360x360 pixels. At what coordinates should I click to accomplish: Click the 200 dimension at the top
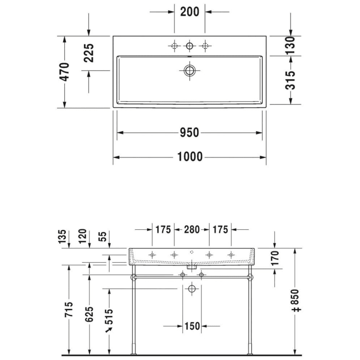(189, 13)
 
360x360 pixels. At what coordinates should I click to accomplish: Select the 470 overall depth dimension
(65, 72)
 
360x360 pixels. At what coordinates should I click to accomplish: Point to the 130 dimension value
(291, 46)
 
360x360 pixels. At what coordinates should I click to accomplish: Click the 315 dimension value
(291, 80)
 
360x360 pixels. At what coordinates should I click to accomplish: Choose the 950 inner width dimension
(189, 133)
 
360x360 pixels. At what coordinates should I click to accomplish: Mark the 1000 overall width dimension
(189, 157)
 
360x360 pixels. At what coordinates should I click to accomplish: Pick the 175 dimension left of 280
(163, 229)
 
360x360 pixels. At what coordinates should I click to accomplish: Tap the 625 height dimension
(89, 313)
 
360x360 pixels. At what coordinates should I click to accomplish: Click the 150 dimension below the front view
(191, 326)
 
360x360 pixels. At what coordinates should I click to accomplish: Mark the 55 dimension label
(103, 237)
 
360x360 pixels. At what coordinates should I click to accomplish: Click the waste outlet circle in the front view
(191, 289)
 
